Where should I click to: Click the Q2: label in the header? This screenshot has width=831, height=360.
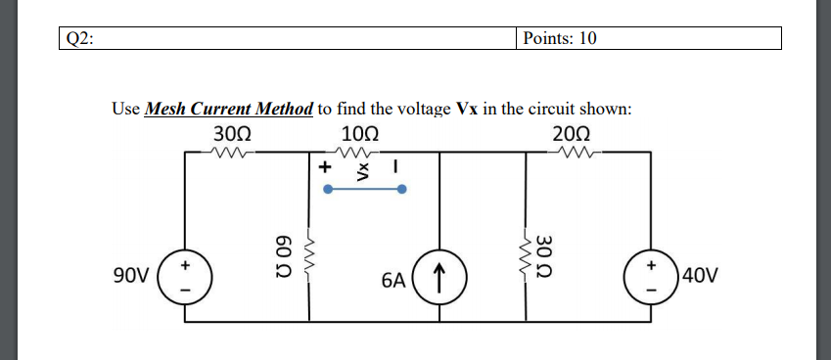pos(77,38)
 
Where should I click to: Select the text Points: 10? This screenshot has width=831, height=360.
pos(560,38)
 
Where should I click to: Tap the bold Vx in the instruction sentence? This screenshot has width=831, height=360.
pos(468,109)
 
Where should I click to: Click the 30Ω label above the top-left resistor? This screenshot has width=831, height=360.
pos(231,133)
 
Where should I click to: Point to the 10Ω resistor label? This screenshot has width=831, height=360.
pos(362,133)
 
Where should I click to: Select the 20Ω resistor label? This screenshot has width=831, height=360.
pos(571,133)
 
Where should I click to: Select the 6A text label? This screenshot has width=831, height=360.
pos(393,282)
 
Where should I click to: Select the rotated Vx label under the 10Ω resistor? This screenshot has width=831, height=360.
pos(362,170)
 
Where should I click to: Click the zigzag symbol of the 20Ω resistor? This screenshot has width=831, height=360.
pos(571,152)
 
